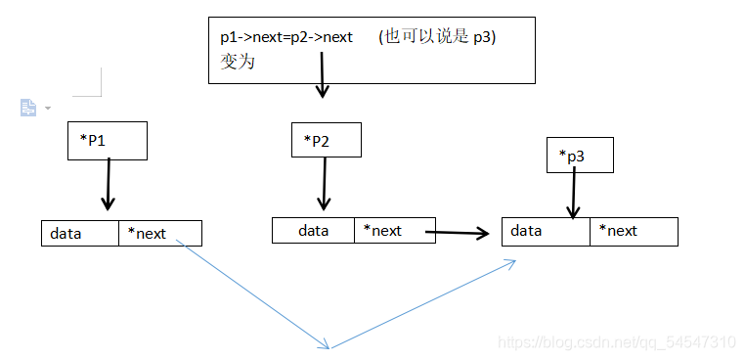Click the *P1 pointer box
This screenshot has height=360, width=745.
107,141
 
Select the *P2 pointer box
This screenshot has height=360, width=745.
326,141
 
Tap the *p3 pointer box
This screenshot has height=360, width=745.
581,156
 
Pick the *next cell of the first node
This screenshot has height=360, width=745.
159,233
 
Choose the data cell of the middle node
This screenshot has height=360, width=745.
313,231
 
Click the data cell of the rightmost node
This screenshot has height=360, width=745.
546,231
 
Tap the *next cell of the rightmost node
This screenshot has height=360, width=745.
633,231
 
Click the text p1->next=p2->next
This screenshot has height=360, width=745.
285,37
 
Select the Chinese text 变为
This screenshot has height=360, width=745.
238,60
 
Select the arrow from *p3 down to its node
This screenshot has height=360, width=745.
574,191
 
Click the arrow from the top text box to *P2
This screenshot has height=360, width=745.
322,74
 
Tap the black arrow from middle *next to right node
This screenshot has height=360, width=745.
460,233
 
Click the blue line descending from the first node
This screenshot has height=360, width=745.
254,293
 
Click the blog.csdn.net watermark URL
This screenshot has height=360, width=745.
616,342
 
